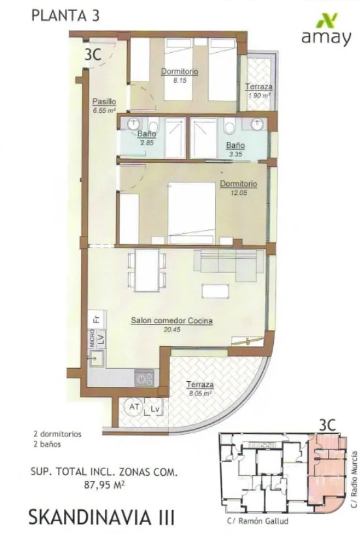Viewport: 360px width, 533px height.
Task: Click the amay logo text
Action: click(326, 38)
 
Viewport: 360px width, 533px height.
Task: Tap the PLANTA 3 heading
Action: click(66, 16)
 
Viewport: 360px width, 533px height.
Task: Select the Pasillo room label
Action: click(104, 101)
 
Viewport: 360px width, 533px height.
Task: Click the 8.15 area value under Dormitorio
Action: click(179, 81)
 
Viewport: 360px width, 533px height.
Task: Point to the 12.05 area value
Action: click(238, 193)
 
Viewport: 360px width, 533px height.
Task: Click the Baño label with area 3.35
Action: click(235, 145)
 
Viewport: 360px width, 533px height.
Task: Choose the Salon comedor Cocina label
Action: click(172, 321)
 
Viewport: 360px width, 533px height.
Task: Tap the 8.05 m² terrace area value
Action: click(200, 394)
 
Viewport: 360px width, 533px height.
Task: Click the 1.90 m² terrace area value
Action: click(260, 96)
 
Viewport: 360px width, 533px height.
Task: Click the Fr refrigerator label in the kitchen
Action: click(97, 319)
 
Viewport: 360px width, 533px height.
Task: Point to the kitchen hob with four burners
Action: click(144, 379)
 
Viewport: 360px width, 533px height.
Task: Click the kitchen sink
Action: click(97, 358)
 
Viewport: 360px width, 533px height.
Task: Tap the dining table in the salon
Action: click(147, 270)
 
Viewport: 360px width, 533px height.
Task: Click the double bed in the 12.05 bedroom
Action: click(192, 213)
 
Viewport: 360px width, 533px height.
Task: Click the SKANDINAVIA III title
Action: click(102, 518)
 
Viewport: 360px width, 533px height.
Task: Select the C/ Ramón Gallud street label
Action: click(258, 521)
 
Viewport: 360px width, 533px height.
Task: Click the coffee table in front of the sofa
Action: click(214, 291)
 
